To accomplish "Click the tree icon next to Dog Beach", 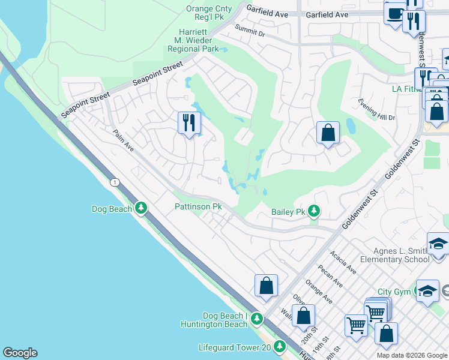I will coord(141,208).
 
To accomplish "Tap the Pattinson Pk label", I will coord(198,206).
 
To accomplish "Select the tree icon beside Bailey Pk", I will coord(313,211).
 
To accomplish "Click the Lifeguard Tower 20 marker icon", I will coord(279,347).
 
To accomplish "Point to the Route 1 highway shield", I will coord(113,182).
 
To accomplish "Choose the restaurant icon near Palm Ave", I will coord(189,124).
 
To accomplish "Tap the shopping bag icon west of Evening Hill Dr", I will coord(328,133).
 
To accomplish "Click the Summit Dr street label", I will coord(250,31).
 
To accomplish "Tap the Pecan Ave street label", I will coord(330,275).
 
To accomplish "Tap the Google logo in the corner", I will coord(20,353).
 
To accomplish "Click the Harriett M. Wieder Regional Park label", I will coord(193,40).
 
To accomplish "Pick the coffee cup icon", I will coord(395,13).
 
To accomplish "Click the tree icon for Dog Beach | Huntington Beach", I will coord(256,318).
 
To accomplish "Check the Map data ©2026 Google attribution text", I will coord(411,355).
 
